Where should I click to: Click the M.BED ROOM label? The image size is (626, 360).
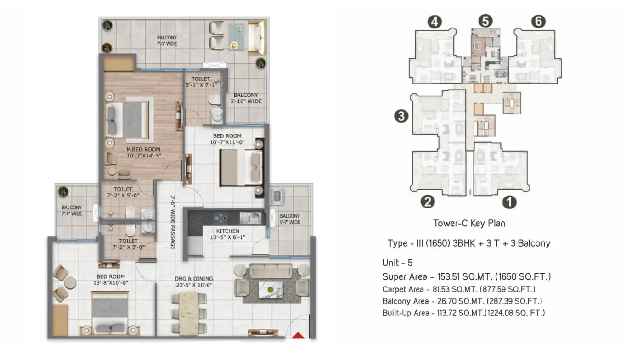pos(144,152)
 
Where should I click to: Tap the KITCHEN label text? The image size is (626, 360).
pos(228,231)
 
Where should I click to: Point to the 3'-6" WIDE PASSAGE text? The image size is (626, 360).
pos(173,222)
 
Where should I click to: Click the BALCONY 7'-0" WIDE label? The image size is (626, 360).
pos(167,41)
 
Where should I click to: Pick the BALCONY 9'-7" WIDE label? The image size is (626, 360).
pos(290,219)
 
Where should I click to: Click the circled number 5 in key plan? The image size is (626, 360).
pos(485,21)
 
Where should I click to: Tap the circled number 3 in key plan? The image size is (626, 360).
pos(401,116)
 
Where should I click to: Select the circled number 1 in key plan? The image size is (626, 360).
pos(509,202)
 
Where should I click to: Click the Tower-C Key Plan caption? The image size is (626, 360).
pos(469,223)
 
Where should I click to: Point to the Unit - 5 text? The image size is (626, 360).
pos(397,263)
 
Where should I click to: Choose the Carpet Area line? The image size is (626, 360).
pos(459,289)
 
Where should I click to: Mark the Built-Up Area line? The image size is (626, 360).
pos(463,313)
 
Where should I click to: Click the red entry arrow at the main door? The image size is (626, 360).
pos(298,335)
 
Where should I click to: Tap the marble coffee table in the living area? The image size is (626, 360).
pos(271,290)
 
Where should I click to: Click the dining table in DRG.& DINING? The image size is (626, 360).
pos(189,313)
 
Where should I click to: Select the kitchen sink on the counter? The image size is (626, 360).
pos(251,218)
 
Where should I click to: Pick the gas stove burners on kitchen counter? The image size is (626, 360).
pos(220,218)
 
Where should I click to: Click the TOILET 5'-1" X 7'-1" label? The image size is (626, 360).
pos(201,82)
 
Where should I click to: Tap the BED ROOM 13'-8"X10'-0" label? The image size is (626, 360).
pos(111,280)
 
